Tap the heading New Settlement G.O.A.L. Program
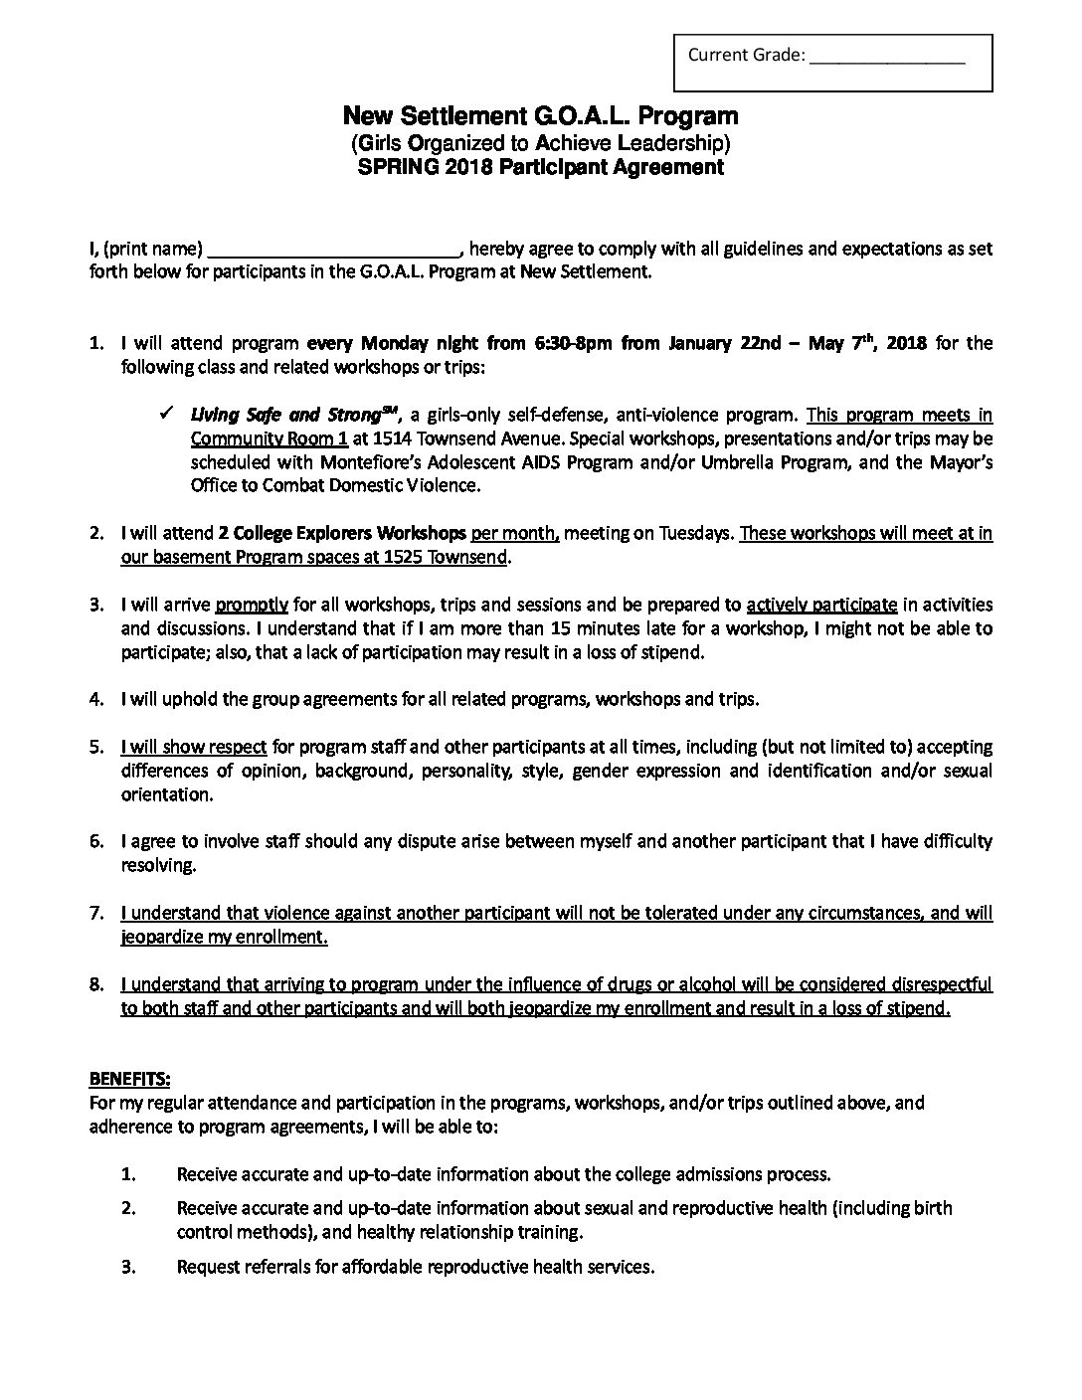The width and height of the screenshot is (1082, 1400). (540, 117)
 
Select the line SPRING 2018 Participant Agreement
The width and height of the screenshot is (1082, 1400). (540, 167)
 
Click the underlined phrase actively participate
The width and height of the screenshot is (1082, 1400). (821, 606)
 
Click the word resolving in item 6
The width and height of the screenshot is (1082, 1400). (157, 866)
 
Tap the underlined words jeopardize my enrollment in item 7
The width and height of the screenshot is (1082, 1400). (225, 938)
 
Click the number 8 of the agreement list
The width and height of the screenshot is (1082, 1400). (96, 985)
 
